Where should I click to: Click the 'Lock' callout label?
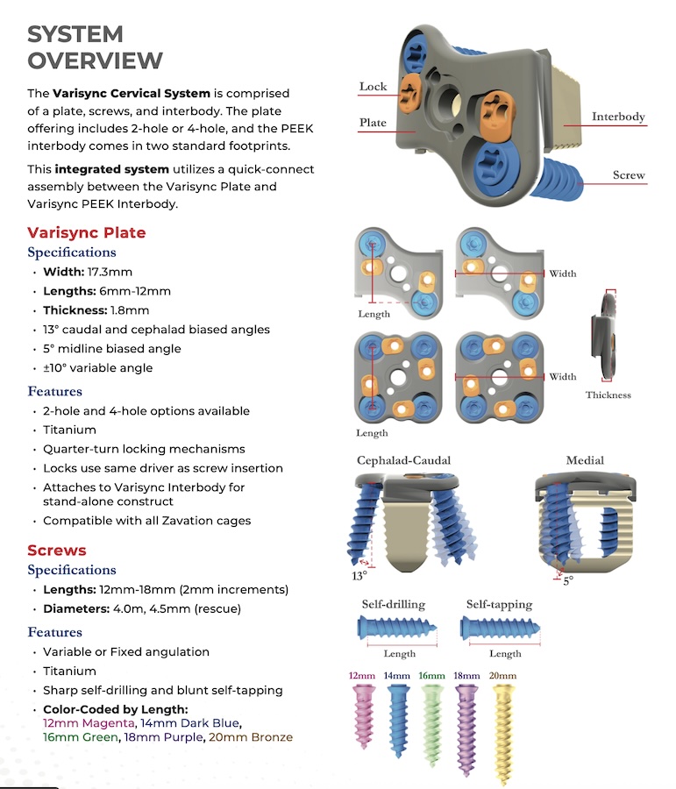click(373, 87)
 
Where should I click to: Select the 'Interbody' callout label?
click(618, 117)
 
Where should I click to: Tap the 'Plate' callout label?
click(373, 123)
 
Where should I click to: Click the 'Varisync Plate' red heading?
click(86, 232)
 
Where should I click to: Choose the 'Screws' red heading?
click(56, 550)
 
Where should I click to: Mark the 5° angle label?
click(568, 580)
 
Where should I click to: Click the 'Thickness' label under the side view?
click(608, 395)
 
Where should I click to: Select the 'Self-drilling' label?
click(394, 604)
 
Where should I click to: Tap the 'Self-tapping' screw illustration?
click(497, 627)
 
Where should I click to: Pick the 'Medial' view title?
click(585, 460)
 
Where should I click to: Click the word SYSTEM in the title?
click(75, 34)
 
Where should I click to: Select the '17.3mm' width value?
click(108, 272)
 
